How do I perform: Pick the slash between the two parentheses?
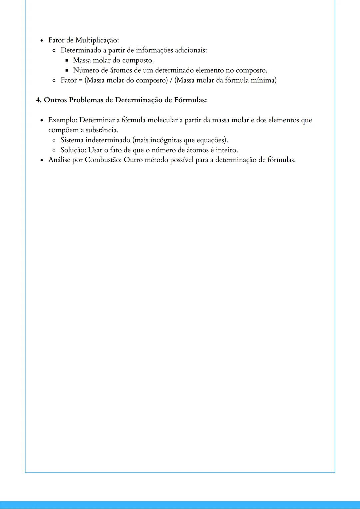[171, 80]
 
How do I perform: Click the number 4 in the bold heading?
[38, 100]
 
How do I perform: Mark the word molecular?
[162, 120]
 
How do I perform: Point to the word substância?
[102, 130]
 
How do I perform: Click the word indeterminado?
[108, 140]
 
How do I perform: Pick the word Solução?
[73, 150]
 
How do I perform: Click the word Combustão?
[103, 160]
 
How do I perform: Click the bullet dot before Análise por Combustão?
[42, 160]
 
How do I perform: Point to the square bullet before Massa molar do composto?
[67, 61]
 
